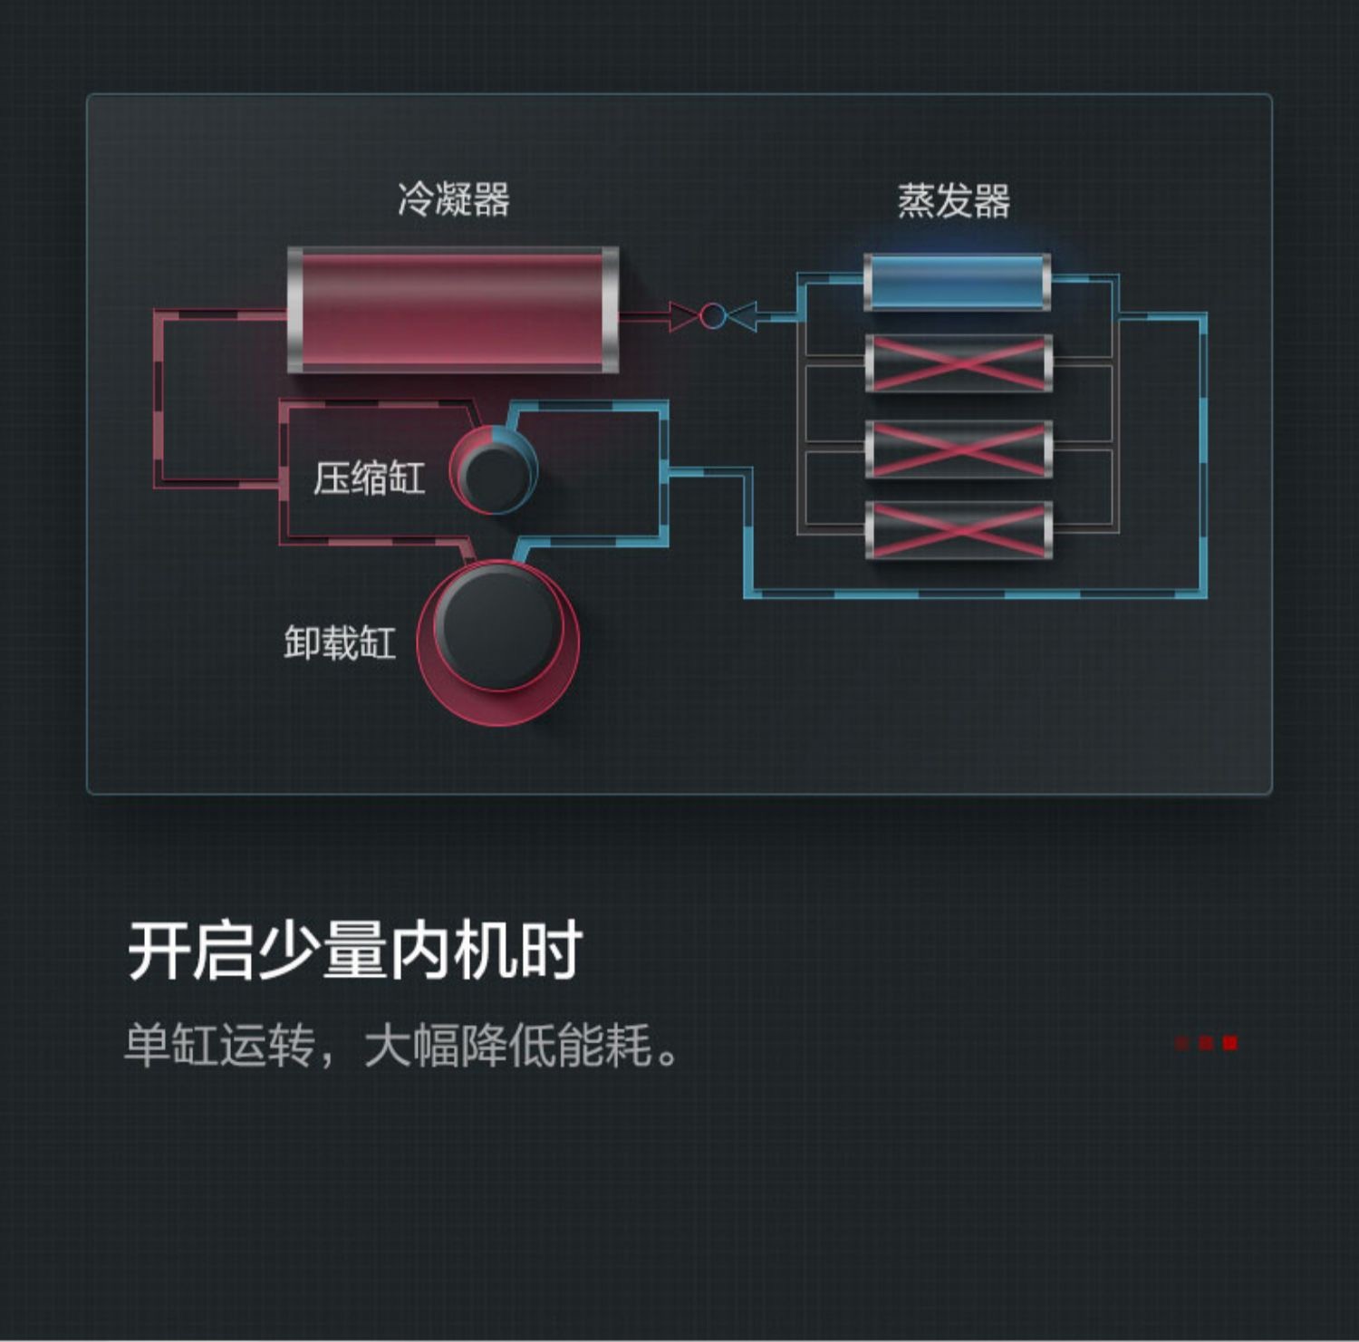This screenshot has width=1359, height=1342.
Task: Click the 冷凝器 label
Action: click(x=454, y=199)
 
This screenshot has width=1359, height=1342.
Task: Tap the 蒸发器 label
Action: click(x=954, y=200)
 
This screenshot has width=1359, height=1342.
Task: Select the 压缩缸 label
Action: click(x=369, y=478)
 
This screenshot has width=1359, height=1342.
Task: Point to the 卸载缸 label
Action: click(x=340, y=642)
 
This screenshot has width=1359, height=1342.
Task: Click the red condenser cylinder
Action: click(x=453, y=310)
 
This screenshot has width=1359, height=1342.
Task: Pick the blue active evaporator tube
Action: click(x=958, y=282)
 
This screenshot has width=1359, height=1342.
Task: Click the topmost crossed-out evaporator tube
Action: click(x=959, y=363)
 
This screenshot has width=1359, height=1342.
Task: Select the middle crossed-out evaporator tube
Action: click(x=959, y=449)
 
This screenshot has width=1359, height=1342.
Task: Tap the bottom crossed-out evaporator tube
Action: click(x=959, y=530)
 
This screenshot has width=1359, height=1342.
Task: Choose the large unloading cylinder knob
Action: click(x=497, y=642)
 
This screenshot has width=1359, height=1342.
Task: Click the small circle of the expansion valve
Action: click(x=713, y=316)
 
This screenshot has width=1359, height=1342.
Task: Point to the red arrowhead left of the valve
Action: click(x=684, y=316)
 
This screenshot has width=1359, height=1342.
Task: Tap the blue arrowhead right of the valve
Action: click(x=742, y=316)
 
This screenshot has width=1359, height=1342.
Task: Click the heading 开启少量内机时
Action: click(x=354, y=951)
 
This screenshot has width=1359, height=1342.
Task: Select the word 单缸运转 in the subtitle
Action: click(x=219, y=1045)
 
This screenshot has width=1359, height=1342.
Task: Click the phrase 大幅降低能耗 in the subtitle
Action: click(x=508, y=1045)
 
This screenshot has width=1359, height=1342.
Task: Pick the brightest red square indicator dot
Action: click(x=1229, y=1043)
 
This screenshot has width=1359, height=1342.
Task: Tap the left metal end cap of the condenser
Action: click(x=295, y=310)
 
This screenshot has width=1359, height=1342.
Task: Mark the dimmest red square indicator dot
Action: click(x=1182, y=1043)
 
